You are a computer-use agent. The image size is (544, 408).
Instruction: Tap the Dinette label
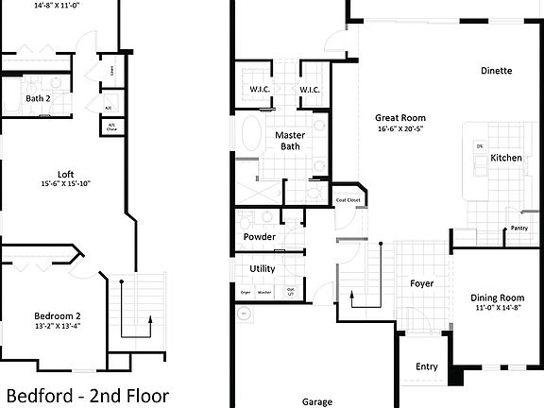click(x=496, y=71)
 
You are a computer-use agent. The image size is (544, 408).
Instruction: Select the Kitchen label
click(x=506, y=158)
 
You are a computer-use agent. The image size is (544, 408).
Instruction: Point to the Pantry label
click(x=518, y=228)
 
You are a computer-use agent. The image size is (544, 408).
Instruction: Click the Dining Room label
click(x=498, y=298)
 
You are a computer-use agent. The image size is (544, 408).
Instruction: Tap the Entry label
click(x=427, y=367)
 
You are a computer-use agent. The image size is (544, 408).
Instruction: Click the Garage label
click(x=317, y=401)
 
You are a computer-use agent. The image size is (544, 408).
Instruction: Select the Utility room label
click(x=262, y=268)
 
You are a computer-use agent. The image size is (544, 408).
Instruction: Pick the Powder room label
click(x=260, y=236)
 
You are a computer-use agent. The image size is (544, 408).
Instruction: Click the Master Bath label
click(x=288, y=141)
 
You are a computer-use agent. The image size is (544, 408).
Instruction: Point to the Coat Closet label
click(x=348, y=200)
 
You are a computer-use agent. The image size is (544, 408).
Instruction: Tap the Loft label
click(x=65, y=174)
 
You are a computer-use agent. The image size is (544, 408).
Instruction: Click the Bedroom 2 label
click(x=58, y=315)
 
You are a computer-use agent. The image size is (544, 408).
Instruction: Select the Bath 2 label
click(x=38, y=98)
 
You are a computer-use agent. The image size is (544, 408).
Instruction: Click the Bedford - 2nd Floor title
click(x=87, y=394)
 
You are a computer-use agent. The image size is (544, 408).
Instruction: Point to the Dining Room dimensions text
click(x=498, y=309)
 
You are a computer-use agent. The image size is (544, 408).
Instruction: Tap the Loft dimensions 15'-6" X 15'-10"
click(x=65, y=184)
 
